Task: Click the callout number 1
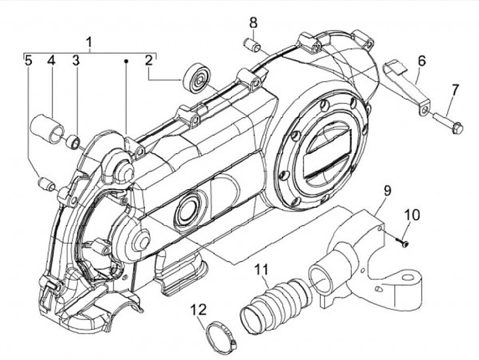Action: pos(89,43)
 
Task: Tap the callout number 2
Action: pos(150,60)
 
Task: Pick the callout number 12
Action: pos(199,309)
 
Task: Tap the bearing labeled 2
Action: pos(196,79)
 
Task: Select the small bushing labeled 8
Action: pos(251,47)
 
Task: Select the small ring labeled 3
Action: pos(75,142)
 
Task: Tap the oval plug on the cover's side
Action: pos(188,211)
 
